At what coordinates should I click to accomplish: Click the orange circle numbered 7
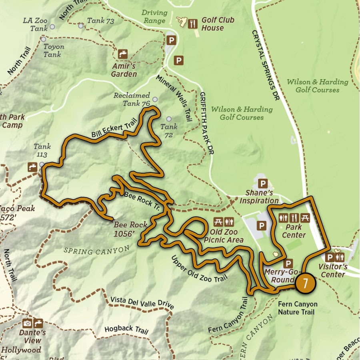[305, 283]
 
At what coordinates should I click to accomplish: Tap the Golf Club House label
[212, 24]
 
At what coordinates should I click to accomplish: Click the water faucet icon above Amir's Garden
[123, 54]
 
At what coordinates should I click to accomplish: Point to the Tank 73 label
[101, 20]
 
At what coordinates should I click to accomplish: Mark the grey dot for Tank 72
[169, 119]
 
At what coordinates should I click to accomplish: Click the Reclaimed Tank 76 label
[132, 100]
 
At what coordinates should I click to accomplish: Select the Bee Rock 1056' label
[130, 229]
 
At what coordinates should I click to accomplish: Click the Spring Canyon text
[96, 251]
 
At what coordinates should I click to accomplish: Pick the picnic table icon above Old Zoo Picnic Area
[218, 221]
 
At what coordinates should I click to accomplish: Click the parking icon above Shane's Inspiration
[263, 184]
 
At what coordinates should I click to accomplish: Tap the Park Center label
[294, 231]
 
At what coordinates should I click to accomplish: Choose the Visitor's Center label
[332, 270]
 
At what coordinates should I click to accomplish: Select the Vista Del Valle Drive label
[142, 303]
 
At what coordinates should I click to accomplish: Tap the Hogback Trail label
[126, 330]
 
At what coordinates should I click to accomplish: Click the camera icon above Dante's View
[27, 323]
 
